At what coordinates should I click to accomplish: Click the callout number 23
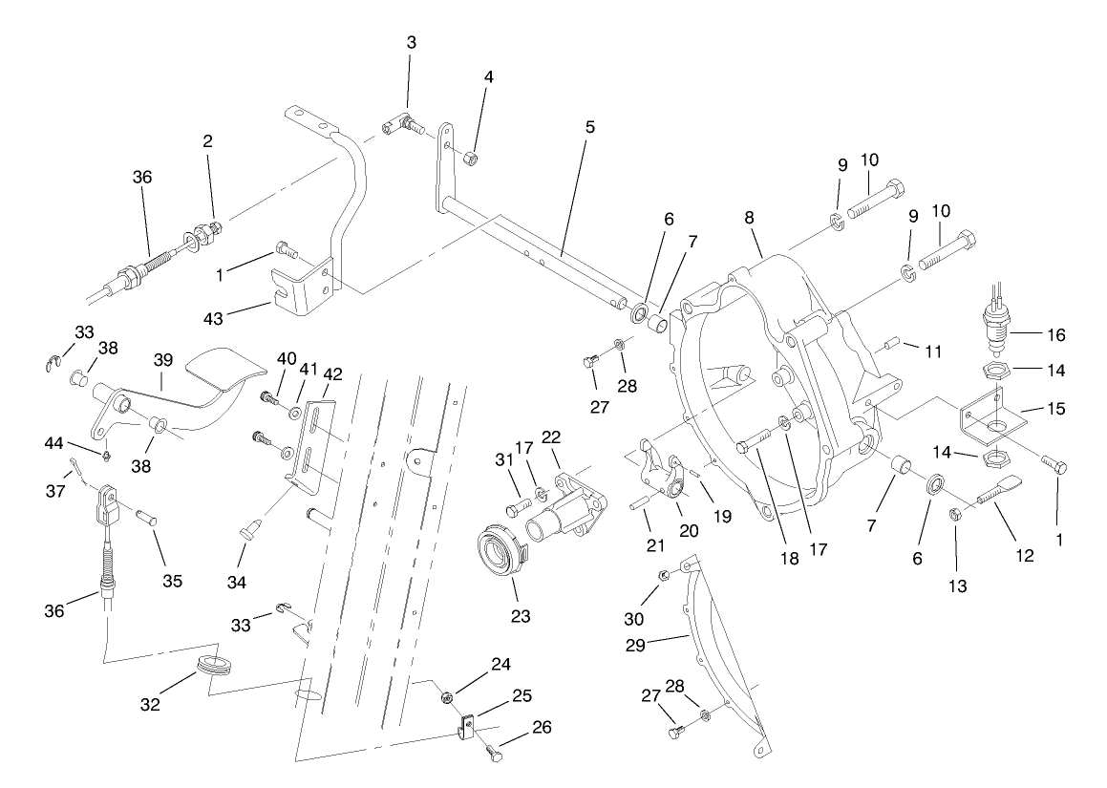coord(522,616)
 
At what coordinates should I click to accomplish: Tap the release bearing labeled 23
coord(504,554)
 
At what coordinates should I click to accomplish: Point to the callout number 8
coord(751,219)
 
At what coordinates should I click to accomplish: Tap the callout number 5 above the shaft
coord(590,126)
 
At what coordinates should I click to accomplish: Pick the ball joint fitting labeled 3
coord(403,123)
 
